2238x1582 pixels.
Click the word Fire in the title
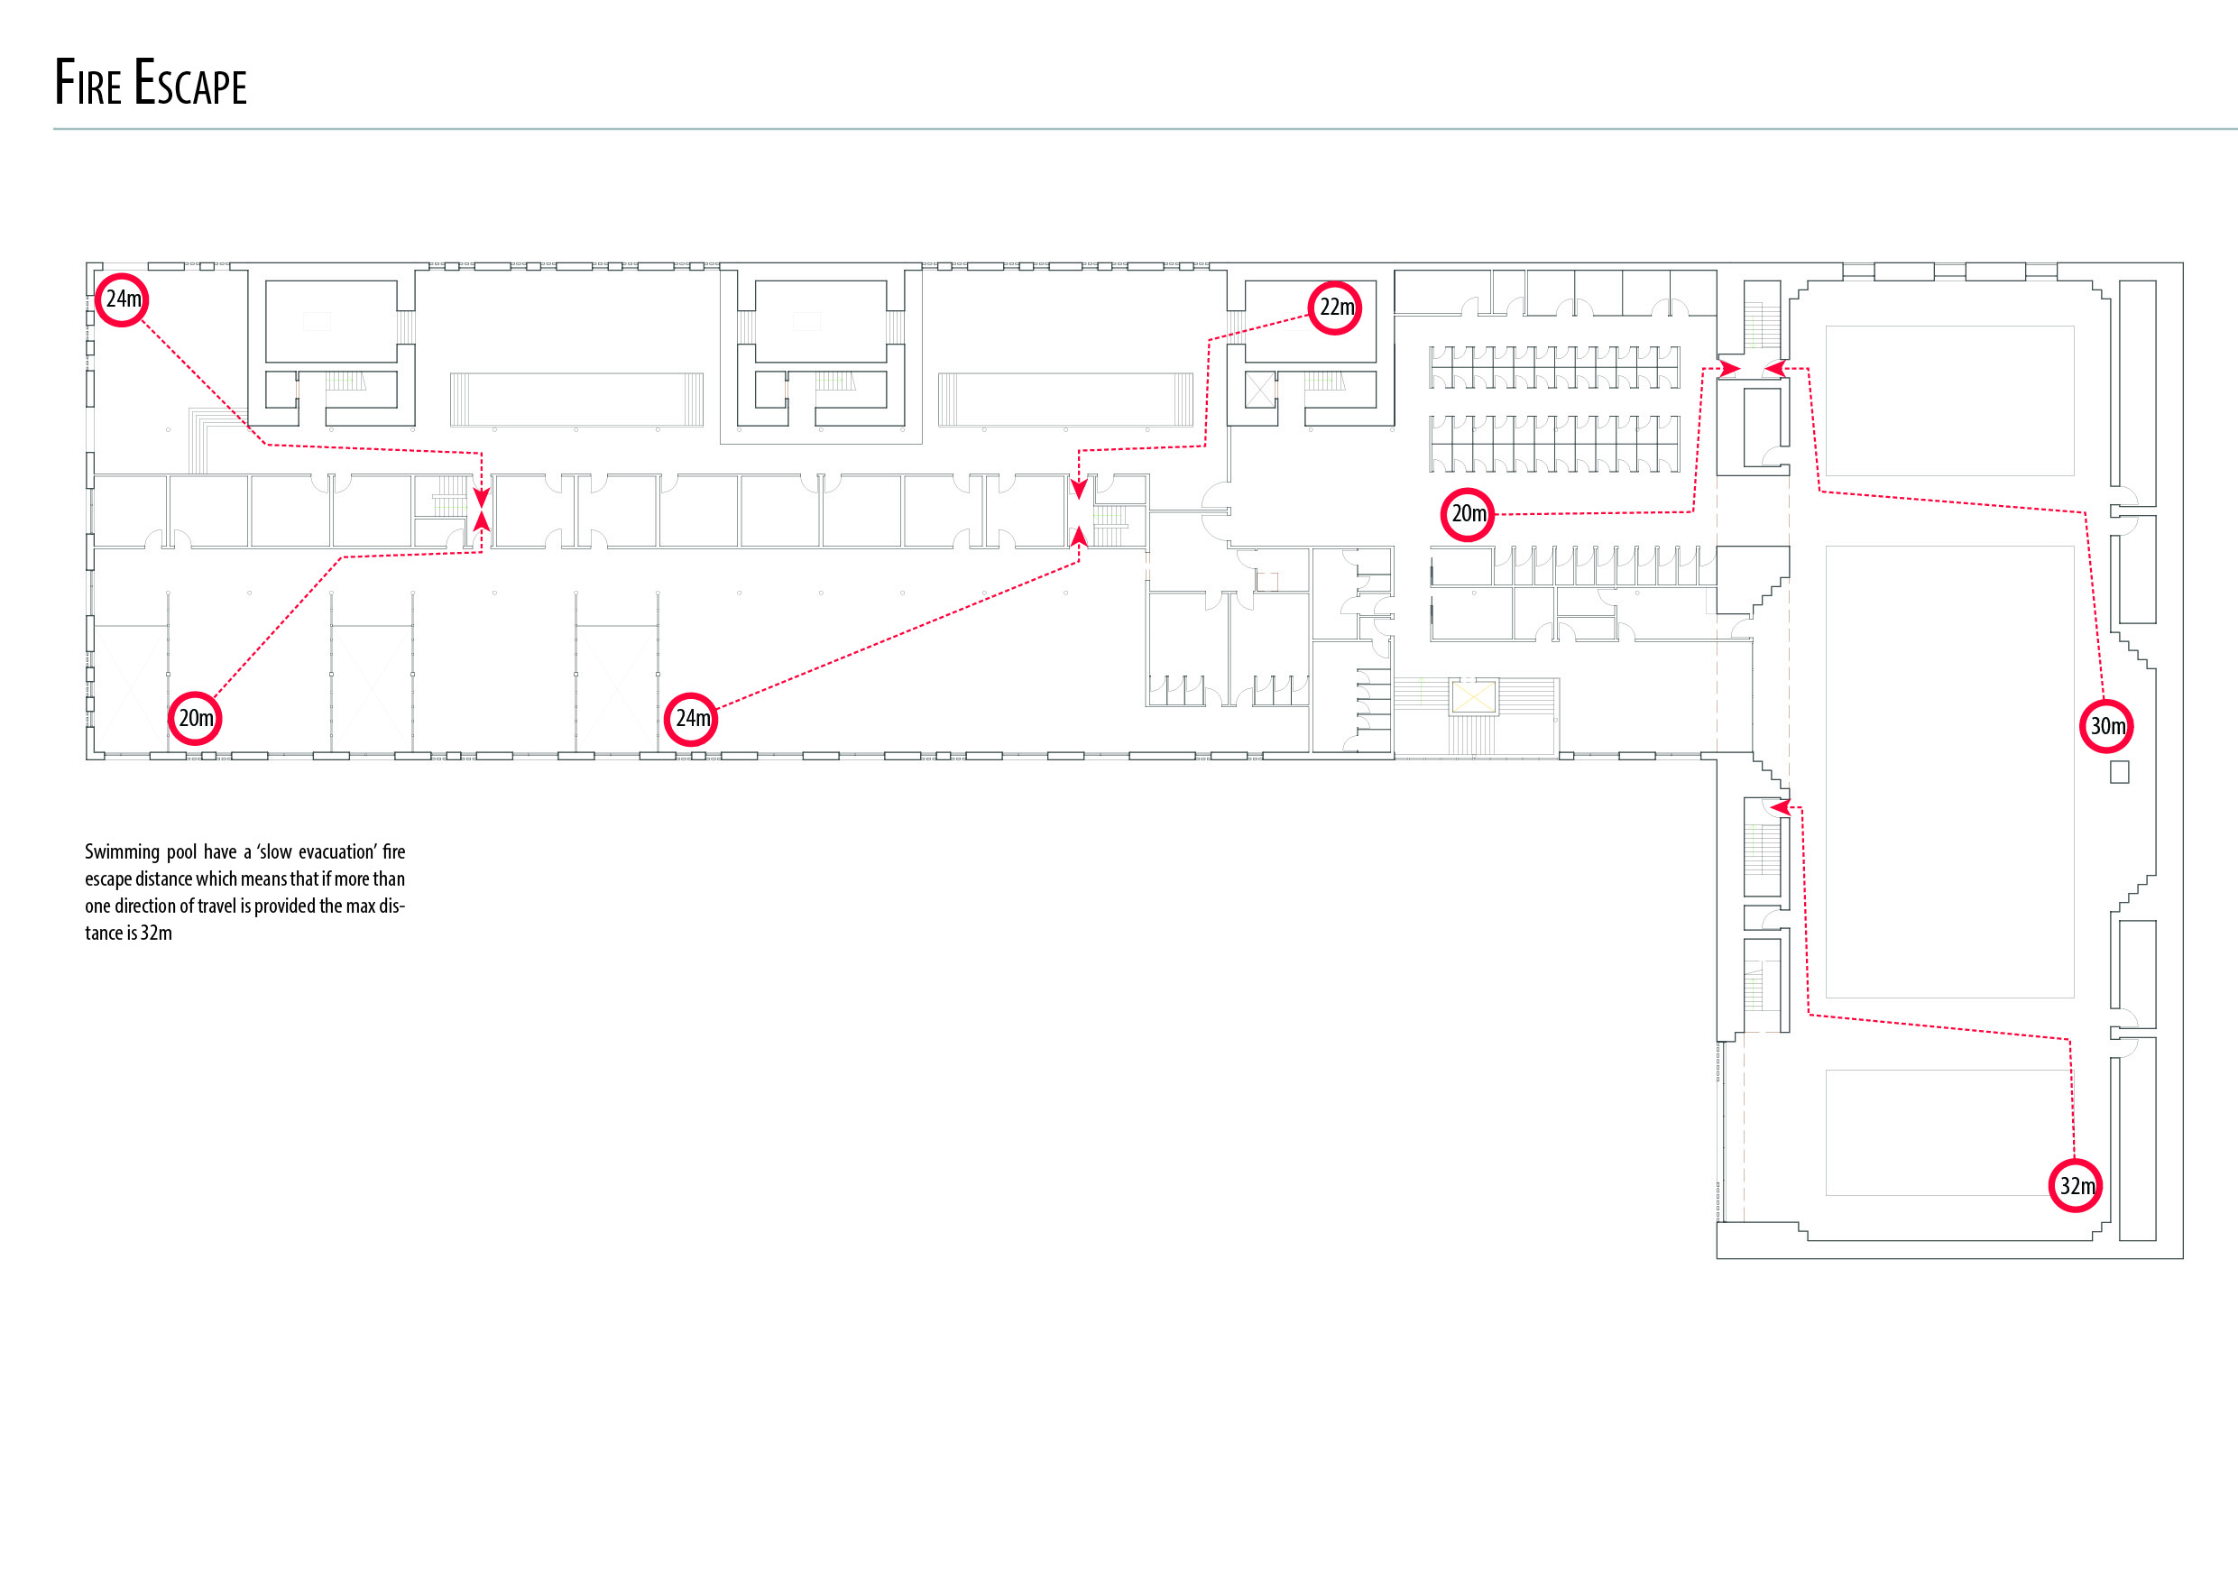[87, 82]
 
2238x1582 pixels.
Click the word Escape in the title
[190, 82]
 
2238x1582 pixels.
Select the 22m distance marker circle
[1333, 308]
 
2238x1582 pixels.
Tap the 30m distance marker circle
[2106, 726]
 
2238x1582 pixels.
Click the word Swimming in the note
[121, 853]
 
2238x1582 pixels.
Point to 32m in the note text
[156, 933]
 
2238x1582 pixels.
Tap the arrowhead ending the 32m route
[1780, 807]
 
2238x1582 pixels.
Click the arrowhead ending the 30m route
[1775, 369]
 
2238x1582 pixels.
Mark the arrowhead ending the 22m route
[1078, 488]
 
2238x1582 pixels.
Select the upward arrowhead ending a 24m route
[1078, 535]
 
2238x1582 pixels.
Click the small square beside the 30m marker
[2119, 772]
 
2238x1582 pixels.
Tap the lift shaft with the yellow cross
[1473, 697]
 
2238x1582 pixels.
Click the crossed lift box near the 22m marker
[1260, 391]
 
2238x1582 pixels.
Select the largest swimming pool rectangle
[1949, 772]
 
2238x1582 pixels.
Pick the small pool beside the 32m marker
[1949, 1133]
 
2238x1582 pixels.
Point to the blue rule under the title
[1146, 129]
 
